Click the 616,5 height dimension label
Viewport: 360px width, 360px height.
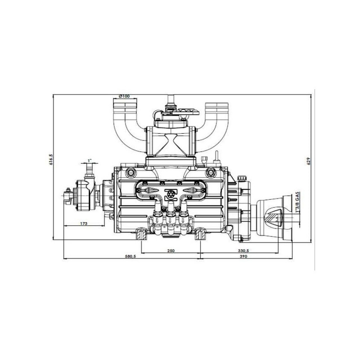coord(51,159)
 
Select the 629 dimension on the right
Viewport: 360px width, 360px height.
coord(309,161)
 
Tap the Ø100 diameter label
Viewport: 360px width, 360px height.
coord(125,96)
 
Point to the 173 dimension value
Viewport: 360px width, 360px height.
coord(84,223)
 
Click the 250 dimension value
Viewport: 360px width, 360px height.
coord(171,251)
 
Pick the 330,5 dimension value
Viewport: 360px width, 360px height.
coord(243,251)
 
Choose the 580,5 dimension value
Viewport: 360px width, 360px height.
coord(130,256)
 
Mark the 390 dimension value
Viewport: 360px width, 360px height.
coord(243,256)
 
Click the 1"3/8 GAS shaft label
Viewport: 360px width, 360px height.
coord(298,202)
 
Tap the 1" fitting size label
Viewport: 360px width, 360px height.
coord(90,160)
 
